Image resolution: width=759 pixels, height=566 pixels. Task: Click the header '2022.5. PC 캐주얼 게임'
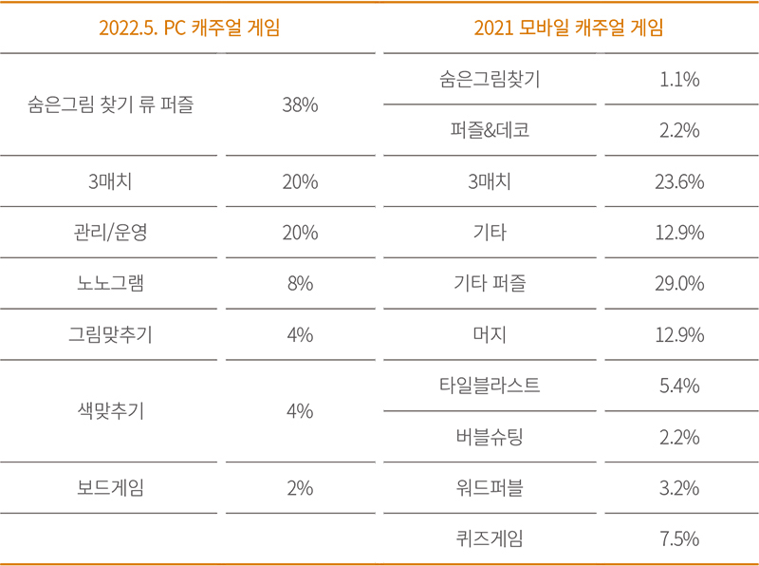tap(189, 28)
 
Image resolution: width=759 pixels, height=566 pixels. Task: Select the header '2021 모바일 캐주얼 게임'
tap(568, 28)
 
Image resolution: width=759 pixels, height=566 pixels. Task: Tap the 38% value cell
tap(300, 105)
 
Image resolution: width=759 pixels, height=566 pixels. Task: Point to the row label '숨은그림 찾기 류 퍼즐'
tap(111, 105)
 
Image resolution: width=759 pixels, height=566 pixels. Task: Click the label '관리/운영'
tap(111, 233)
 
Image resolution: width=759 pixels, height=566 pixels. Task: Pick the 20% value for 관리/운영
tap(300, 233)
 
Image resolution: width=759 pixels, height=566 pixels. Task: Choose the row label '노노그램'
tap(111, 284)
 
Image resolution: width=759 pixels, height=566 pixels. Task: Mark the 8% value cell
tap(300, 284)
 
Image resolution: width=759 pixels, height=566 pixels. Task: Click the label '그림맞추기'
tap(111, 335)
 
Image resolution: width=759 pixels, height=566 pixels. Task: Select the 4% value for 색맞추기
tap(300, 412)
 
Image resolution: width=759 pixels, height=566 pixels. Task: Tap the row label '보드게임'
tap(111, 489)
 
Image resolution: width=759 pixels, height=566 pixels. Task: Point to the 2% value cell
tap(300, 489)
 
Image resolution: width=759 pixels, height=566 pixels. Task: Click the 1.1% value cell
tap(679, 80)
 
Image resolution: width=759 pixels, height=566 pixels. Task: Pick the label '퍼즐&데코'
tap(490, 131)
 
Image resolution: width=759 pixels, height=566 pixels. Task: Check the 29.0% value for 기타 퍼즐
tap(679, 284)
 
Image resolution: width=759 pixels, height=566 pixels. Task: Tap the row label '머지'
tap(490, 335)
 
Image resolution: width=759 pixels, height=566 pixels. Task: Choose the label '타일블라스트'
tap(490, 387)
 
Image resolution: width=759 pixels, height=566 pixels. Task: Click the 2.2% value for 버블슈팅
tap(679, 438)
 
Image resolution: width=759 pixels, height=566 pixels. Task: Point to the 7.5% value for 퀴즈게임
tap(679, 539)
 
